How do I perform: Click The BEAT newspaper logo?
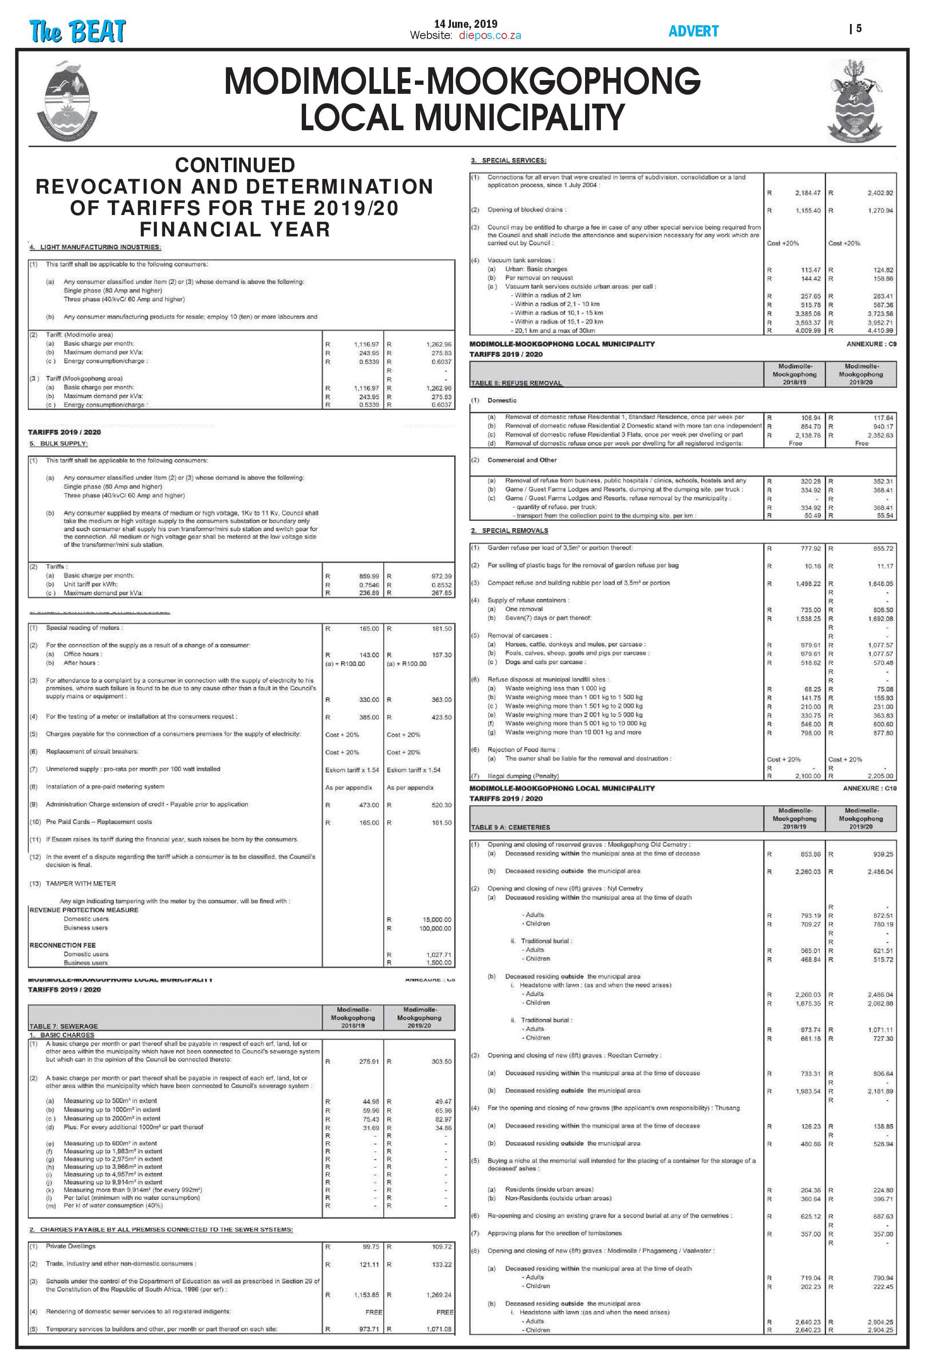[x=77, y=31]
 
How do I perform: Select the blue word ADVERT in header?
[x=693, y=31]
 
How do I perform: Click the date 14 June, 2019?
[x=465, y=24]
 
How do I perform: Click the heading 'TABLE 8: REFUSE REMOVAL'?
[x=517, y=383]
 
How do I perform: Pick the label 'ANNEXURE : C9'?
[x=871, y=344]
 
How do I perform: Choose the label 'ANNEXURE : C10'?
[x=870, y=788]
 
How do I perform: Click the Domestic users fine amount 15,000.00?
[x=437, y=919]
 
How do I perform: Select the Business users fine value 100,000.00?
[x=435, y=928]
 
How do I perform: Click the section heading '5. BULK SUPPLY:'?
[x=58, y=443]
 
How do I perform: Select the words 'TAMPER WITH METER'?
[x=81, y=883]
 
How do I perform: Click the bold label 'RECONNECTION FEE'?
[x=62, y=945]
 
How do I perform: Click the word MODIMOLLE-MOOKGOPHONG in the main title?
[x=462, y=81]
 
